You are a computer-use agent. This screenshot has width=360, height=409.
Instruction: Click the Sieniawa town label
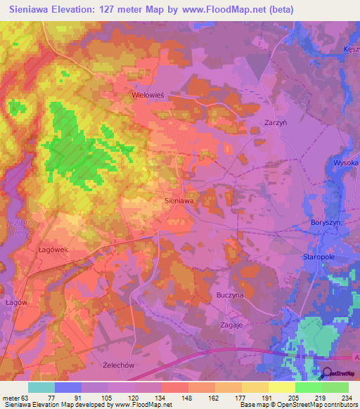179,200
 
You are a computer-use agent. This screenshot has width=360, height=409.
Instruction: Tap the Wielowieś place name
148,92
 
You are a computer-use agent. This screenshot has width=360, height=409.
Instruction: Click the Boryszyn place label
327,222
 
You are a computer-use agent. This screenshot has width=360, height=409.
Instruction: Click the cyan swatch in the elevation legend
41,387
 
